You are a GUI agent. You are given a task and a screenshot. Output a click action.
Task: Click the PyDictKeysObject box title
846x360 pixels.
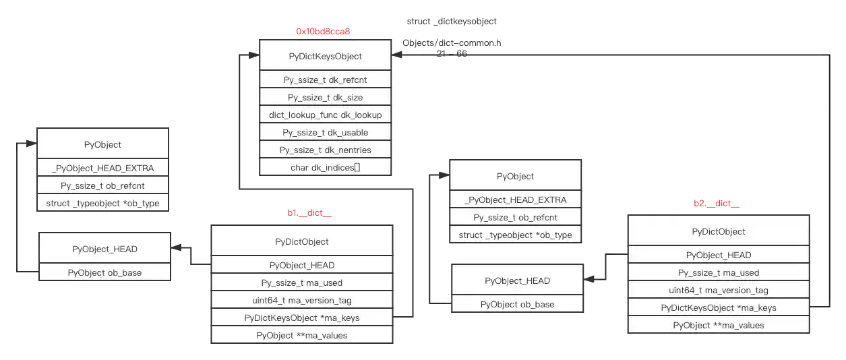[x=325, y=56]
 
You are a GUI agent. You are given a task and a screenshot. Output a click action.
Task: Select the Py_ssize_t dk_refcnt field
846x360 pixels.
[x=325, y=80]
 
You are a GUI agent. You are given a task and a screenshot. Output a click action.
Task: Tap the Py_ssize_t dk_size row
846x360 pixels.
[x=325, y=97]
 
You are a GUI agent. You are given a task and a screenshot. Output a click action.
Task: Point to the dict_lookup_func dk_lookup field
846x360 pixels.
[x=325, y=115]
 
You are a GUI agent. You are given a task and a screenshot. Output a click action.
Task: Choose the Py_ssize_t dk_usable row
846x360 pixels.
[x=325, y=132]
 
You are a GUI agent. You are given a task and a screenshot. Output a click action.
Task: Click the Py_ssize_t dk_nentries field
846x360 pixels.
[x=325, y=150]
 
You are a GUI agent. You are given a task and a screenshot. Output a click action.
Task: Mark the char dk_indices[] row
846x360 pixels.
[x=325, y=167]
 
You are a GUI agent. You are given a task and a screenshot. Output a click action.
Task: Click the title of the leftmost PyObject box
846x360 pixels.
[x=102, y=144]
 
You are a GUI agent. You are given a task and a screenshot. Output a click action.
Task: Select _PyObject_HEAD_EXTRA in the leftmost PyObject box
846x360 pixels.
[x=102, y=169]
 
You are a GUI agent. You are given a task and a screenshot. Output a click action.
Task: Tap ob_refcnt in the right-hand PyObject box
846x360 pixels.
[x=515, y=217]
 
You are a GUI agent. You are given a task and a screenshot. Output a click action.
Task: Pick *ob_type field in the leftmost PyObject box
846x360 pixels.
[x=102, y=203]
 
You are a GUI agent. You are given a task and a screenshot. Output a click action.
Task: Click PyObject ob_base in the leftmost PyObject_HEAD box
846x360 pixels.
[x=104, y=272]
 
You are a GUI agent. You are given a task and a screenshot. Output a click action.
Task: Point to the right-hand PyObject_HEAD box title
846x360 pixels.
[x=517, y=280]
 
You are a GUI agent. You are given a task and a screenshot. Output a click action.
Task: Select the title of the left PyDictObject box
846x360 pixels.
[x=302, y=241]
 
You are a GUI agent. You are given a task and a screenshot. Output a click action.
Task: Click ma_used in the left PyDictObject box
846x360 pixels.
[x=302, y=282]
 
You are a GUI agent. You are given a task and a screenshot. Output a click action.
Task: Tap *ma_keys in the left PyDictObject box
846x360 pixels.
[x=302, y=318]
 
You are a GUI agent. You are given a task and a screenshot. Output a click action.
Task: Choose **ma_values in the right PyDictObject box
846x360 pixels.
[x=719, y=325]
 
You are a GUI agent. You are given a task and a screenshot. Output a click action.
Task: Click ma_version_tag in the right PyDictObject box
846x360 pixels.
[x=719, y=290]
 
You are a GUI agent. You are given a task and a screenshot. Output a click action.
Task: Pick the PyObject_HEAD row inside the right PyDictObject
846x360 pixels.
[x=719, y=255]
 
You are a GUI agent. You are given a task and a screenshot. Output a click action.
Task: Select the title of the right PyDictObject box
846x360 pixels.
[x=719, y=231]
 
